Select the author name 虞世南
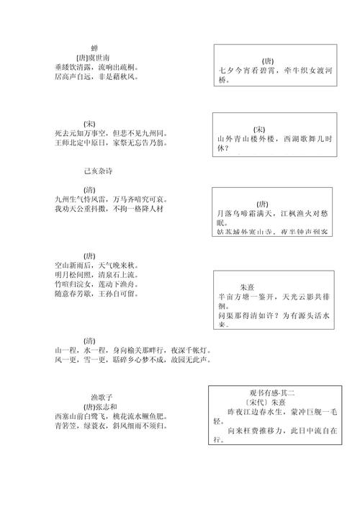tap(99, 57)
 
